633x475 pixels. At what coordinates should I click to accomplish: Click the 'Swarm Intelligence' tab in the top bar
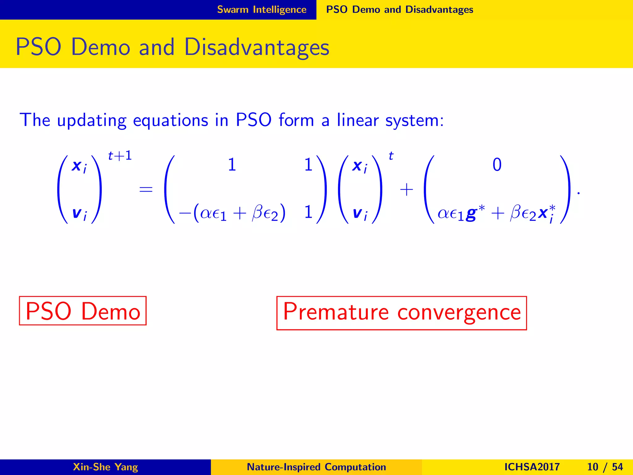tap(261, 10)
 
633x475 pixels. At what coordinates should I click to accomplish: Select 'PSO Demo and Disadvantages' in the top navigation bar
tap(399, 10)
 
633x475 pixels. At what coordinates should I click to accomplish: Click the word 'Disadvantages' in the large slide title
tap(257, 47)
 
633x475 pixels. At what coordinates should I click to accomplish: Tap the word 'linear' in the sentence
tap(357, 120)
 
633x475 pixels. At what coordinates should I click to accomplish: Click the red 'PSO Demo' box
tap(83, 311)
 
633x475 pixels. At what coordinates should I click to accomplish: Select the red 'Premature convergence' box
tap(401, 313)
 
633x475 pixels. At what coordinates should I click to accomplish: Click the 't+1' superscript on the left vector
tap(120, 156)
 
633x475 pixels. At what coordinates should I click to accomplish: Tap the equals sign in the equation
tap(146, 189)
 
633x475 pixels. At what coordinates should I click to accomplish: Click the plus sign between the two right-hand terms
tap(406, 190)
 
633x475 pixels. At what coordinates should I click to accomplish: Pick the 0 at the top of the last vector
tap(497, 165)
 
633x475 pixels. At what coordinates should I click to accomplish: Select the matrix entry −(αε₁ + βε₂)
tap(232, 213)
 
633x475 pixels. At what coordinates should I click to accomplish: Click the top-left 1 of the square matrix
tap(232, 165)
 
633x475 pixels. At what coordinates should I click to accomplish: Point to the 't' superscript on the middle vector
tap(391, 156)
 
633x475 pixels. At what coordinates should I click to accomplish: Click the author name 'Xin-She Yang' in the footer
tap(105, 467)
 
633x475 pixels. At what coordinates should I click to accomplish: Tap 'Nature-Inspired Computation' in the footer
tap(316, 467)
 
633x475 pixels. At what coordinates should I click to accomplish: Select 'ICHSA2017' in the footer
tap(532, 467)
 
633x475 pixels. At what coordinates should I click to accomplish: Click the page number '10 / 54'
tap(605, 467)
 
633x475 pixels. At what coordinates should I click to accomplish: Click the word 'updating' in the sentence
tap(92, 121)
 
